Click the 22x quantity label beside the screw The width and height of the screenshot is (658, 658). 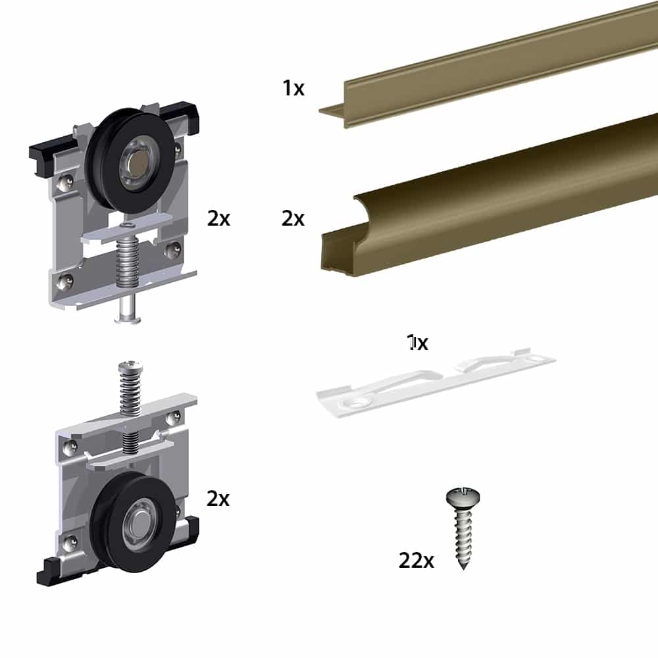click(416, 561)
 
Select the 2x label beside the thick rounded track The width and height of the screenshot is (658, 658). click(293, 218)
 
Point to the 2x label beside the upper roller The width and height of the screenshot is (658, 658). click(218, 218)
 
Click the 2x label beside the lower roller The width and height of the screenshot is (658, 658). click(218, 499)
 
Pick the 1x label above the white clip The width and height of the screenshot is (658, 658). click(418, 343)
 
